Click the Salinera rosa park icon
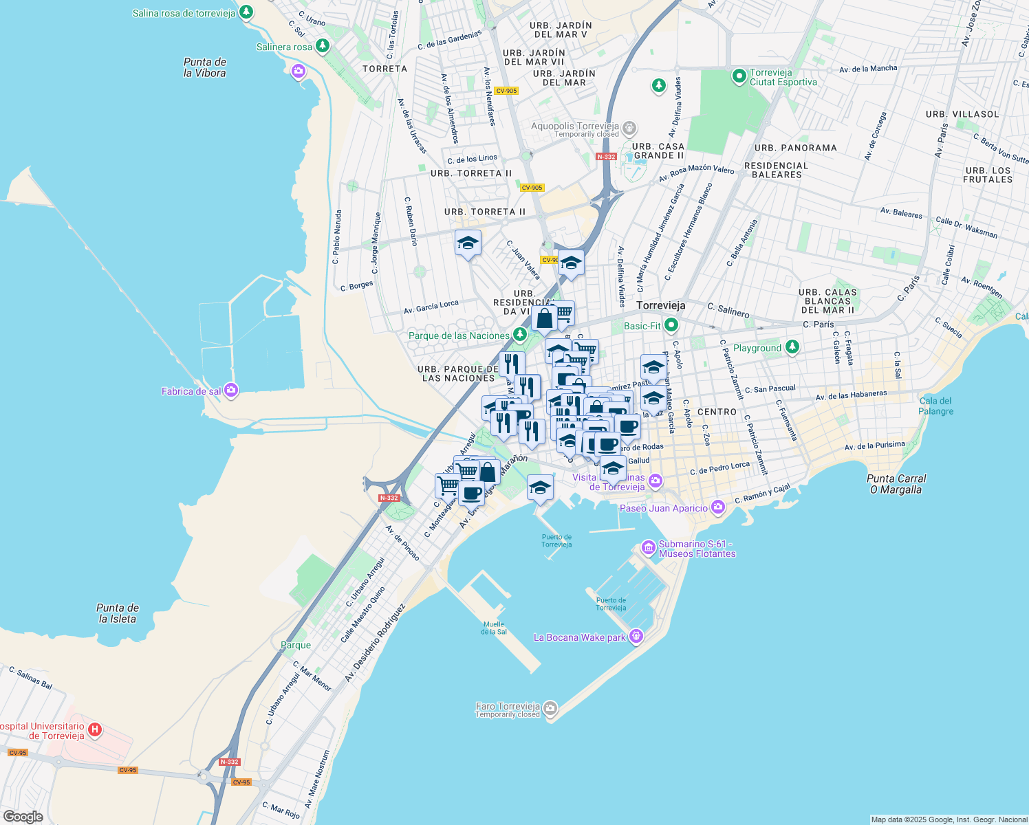(322, 47)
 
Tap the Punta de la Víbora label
(205, 67)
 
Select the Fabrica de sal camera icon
(231, 391)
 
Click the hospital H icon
(96, 730)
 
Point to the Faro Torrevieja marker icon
(550, 708)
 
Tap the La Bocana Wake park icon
(636, 637)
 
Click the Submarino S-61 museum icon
(648, 548)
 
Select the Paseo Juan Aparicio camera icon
(718, 508)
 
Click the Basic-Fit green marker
(671, 326)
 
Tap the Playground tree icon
(792, 348)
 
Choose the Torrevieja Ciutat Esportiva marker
(739, 76)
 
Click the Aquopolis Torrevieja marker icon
(629, 128)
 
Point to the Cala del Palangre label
(935, 406)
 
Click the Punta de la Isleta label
(118, 613)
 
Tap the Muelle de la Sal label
(494, 628)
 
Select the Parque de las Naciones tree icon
(521, 335)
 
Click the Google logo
(23, 817)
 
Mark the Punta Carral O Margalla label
(896, 484)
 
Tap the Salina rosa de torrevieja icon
(246, 12)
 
